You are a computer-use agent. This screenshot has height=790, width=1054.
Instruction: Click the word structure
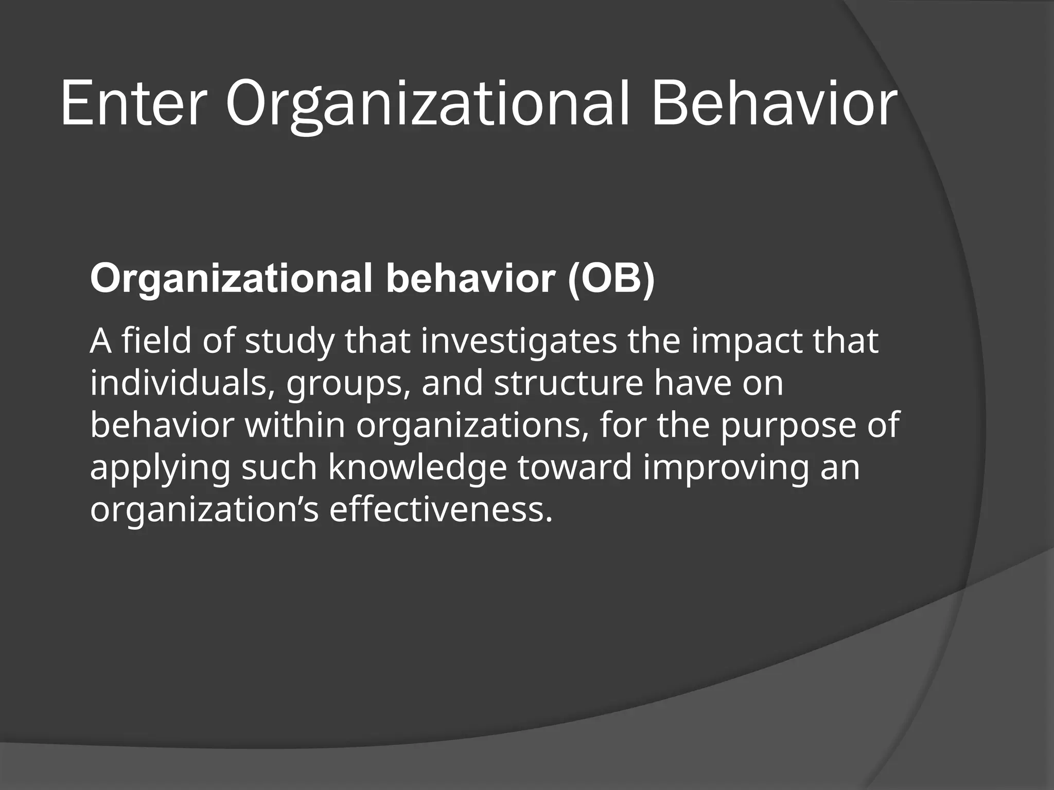tap(568, 384)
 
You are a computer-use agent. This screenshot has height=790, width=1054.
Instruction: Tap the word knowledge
tap(417, 469)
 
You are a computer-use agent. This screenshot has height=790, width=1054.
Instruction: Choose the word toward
tap(574, 468)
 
